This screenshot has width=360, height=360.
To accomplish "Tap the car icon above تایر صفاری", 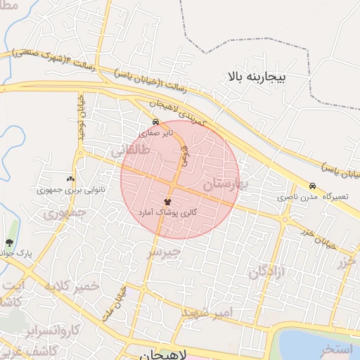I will click(x=155, y=121).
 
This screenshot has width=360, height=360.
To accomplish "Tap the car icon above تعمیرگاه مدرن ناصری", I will click(x=312, y=186).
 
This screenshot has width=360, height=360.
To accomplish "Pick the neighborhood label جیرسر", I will click(x=164, y=252).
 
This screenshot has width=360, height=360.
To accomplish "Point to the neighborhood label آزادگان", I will click(x=267, y=272).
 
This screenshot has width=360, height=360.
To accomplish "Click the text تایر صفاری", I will click(x=155, y=131).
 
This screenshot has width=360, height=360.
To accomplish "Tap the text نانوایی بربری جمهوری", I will click(x=70, y=190).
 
